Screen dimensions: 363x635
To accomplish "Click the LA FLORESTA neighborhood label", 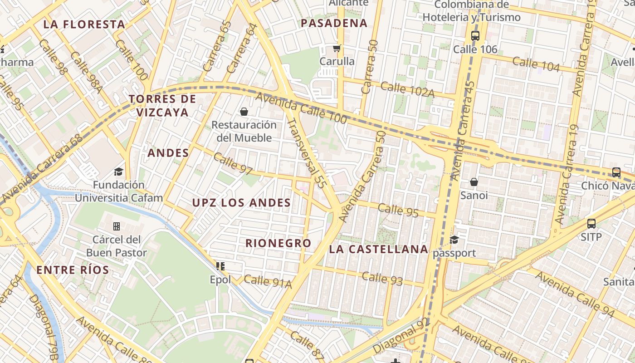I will click(x=84, y=25).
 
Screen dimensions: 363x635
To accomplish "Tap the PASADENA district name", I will click(x=334, y=23).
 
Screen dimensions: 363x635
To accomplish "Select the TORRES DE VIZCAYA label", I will click(x=162, y=105).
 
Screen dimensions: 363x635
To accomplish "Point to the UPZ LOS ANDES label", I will click(x=241, y=203).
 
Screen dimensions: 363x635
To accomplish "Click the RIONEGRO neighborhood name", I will click(x=278, y=243).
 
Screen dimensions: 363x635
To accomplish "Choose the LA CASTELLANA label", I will click(x=379, y=249).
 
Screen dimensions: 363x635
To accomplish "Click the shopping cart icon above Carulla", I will click(x=337, y=48).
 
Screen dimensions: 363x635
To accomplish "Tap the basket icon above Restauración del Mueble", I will click(x=244, y=111).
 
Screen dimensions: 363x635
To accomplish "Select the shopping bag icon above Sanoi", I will click(x=474, y=182).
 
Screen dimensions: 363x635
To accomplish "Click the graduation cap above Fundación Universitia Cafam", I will click(x=118, y=172).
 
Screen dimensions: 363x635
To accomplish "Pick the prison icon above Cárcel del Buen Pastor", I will click(x=117, y=226).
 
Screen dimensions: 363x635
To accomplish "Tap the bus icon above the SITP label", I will click(x=591, y=223).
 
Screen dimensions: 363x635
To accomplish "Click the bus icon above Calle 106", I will click(x=475, y=36).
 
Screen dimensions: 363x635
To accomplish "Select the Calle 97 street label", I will click(x=233, y=164).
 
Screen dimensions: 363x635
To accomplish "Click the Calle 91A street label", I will click(x=268, y=282).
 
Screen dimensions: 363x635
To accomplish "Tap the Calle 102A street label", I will click(x=408, y=89).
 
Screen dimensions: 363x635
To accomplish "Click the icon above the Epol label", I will click(x=220, y=266).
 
